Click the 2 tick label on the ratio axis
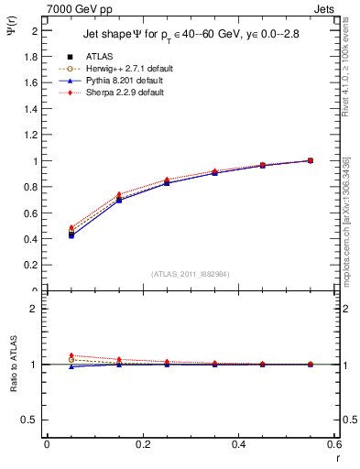(x=35, y=309)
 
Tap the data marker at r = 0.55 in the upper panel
(x=311, y=160)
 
